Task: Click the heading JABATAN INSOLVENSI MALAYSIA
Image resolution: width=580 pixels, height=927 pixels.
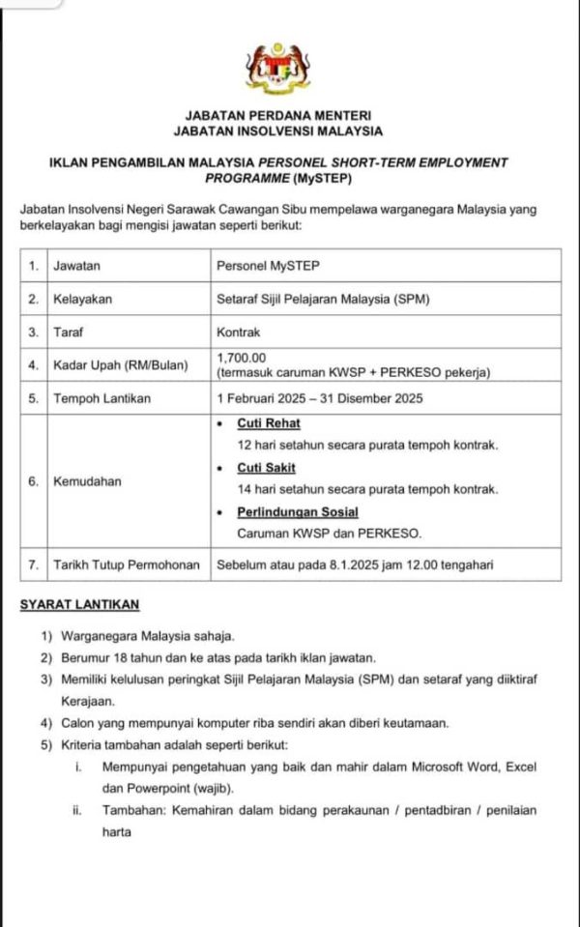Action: point(277,130)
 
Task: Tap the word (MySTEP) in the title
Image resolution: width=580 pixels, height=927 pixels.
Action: point(318,179)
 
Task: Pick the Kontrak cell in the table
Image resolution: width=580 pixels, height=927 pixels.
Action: point(238,332)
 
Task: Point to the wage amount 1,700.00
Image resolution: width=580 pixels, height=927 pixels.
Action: point(241,358)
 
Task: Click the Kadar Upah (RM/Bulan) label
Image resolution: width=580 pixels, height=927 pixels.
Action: point(114,364)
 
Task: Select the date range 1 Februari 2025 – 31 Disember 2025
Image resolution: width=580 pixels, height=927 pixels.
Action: point(320,398)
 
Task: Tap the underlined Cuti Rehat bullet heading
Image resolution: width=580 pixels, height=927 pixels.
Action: point(269,423)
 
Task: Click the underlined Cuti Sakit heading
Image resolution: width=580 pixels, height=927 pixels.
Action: point(267,468)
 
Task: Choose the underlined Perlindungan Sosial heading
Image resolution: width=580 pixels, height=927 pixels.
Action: point(298,511)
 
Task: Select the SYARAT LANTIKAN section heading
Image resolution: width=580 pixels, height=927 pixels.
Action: point(79,605)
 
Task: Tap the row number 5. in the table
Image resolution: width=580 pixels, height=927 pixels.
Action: point(34,398)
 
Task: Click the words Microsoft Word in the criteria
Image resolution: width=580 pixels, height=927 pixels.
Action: point(446,767)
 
